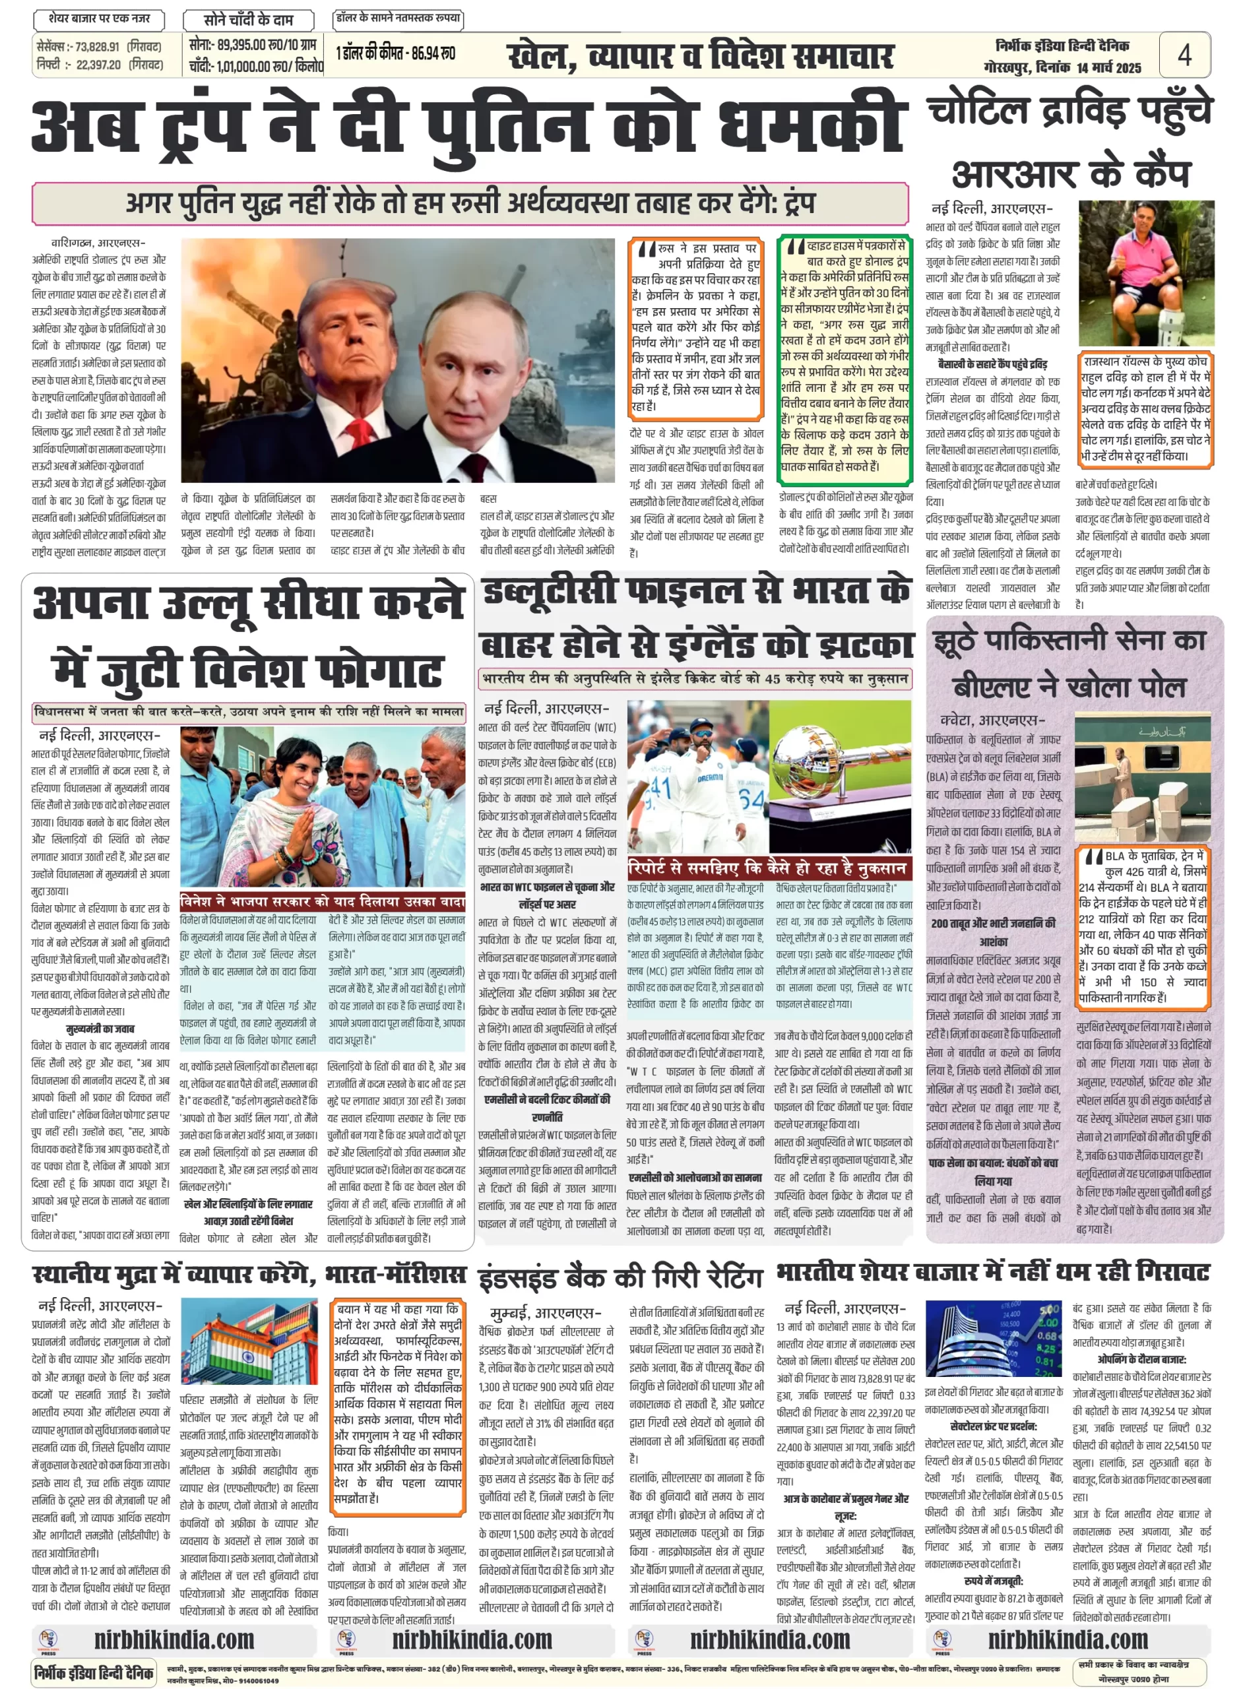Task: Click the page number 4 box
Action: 1184,54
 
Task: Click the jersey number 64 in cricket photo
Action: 750,799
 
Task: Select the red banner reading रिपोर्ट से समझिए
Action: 769,868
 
